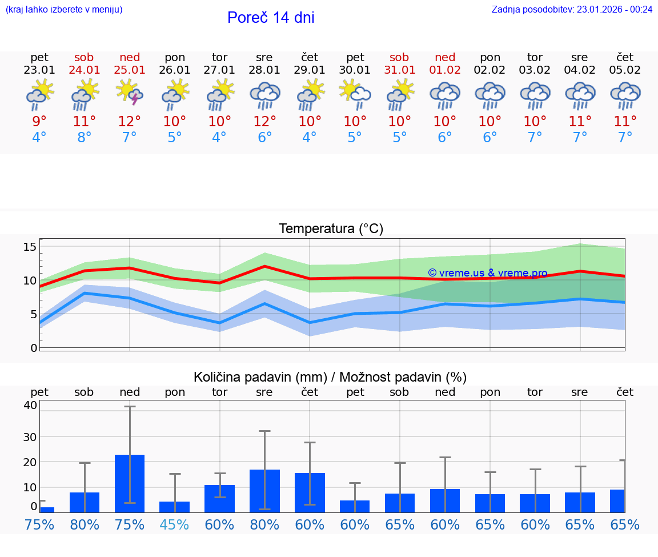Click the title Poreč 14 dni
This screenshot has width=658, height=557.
pyautogui.click(x=271, y=18)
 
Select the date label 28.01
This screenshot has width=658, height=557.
pyautogui.click(x=264, y=70)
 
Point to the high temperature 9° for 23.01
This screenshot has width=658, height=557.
pyautogui.click(x=39, y=121)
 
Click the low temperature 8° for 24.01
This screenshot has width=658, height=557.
pyautogui.click(x=85, y=138)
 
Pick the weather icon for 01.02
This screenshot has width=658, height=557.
pyautogui.click(x=445, y=95)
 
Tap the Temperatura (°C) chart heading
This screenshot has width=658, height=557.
pyautogui.click(x=331, y=229)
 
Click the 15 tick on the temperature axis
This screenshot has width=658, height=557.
pyautogui.click(x=30, y=247)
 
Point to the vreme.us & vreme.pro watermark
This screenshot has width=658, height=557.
pyautogui.click(x=487, y=273)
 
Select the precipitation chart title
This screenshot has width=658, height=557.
pyautogui.click(x=330, y=377)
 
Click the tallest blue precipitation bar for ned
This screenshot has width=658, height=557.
pyautogui.click(x=130, y=483)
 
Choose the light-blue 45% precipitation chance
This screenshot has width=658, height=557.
pyautogui.click(x=175, y=524)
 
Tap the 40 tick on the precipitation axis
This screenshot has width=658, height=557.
pyautogui.click(x=30, y=405)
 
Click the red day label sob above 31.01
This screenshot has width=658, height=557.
pyautogui.click(x=399, y=57)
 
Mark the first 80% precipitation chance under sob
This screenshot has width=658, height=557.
pyautogui.click(x=85, y=524)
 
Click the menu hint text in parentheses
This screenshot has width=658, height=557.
pyautogui.click(x=64, y=9)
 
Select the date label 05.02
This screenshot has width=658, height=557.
pyautogui.click(x=625, y=70)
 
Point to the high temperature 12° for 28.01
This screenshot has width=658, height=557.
pyautogui.click(x=264, y=121)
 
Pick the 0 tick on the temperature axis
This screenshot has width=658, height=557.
pyautogui.click(x=34, y=348)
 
